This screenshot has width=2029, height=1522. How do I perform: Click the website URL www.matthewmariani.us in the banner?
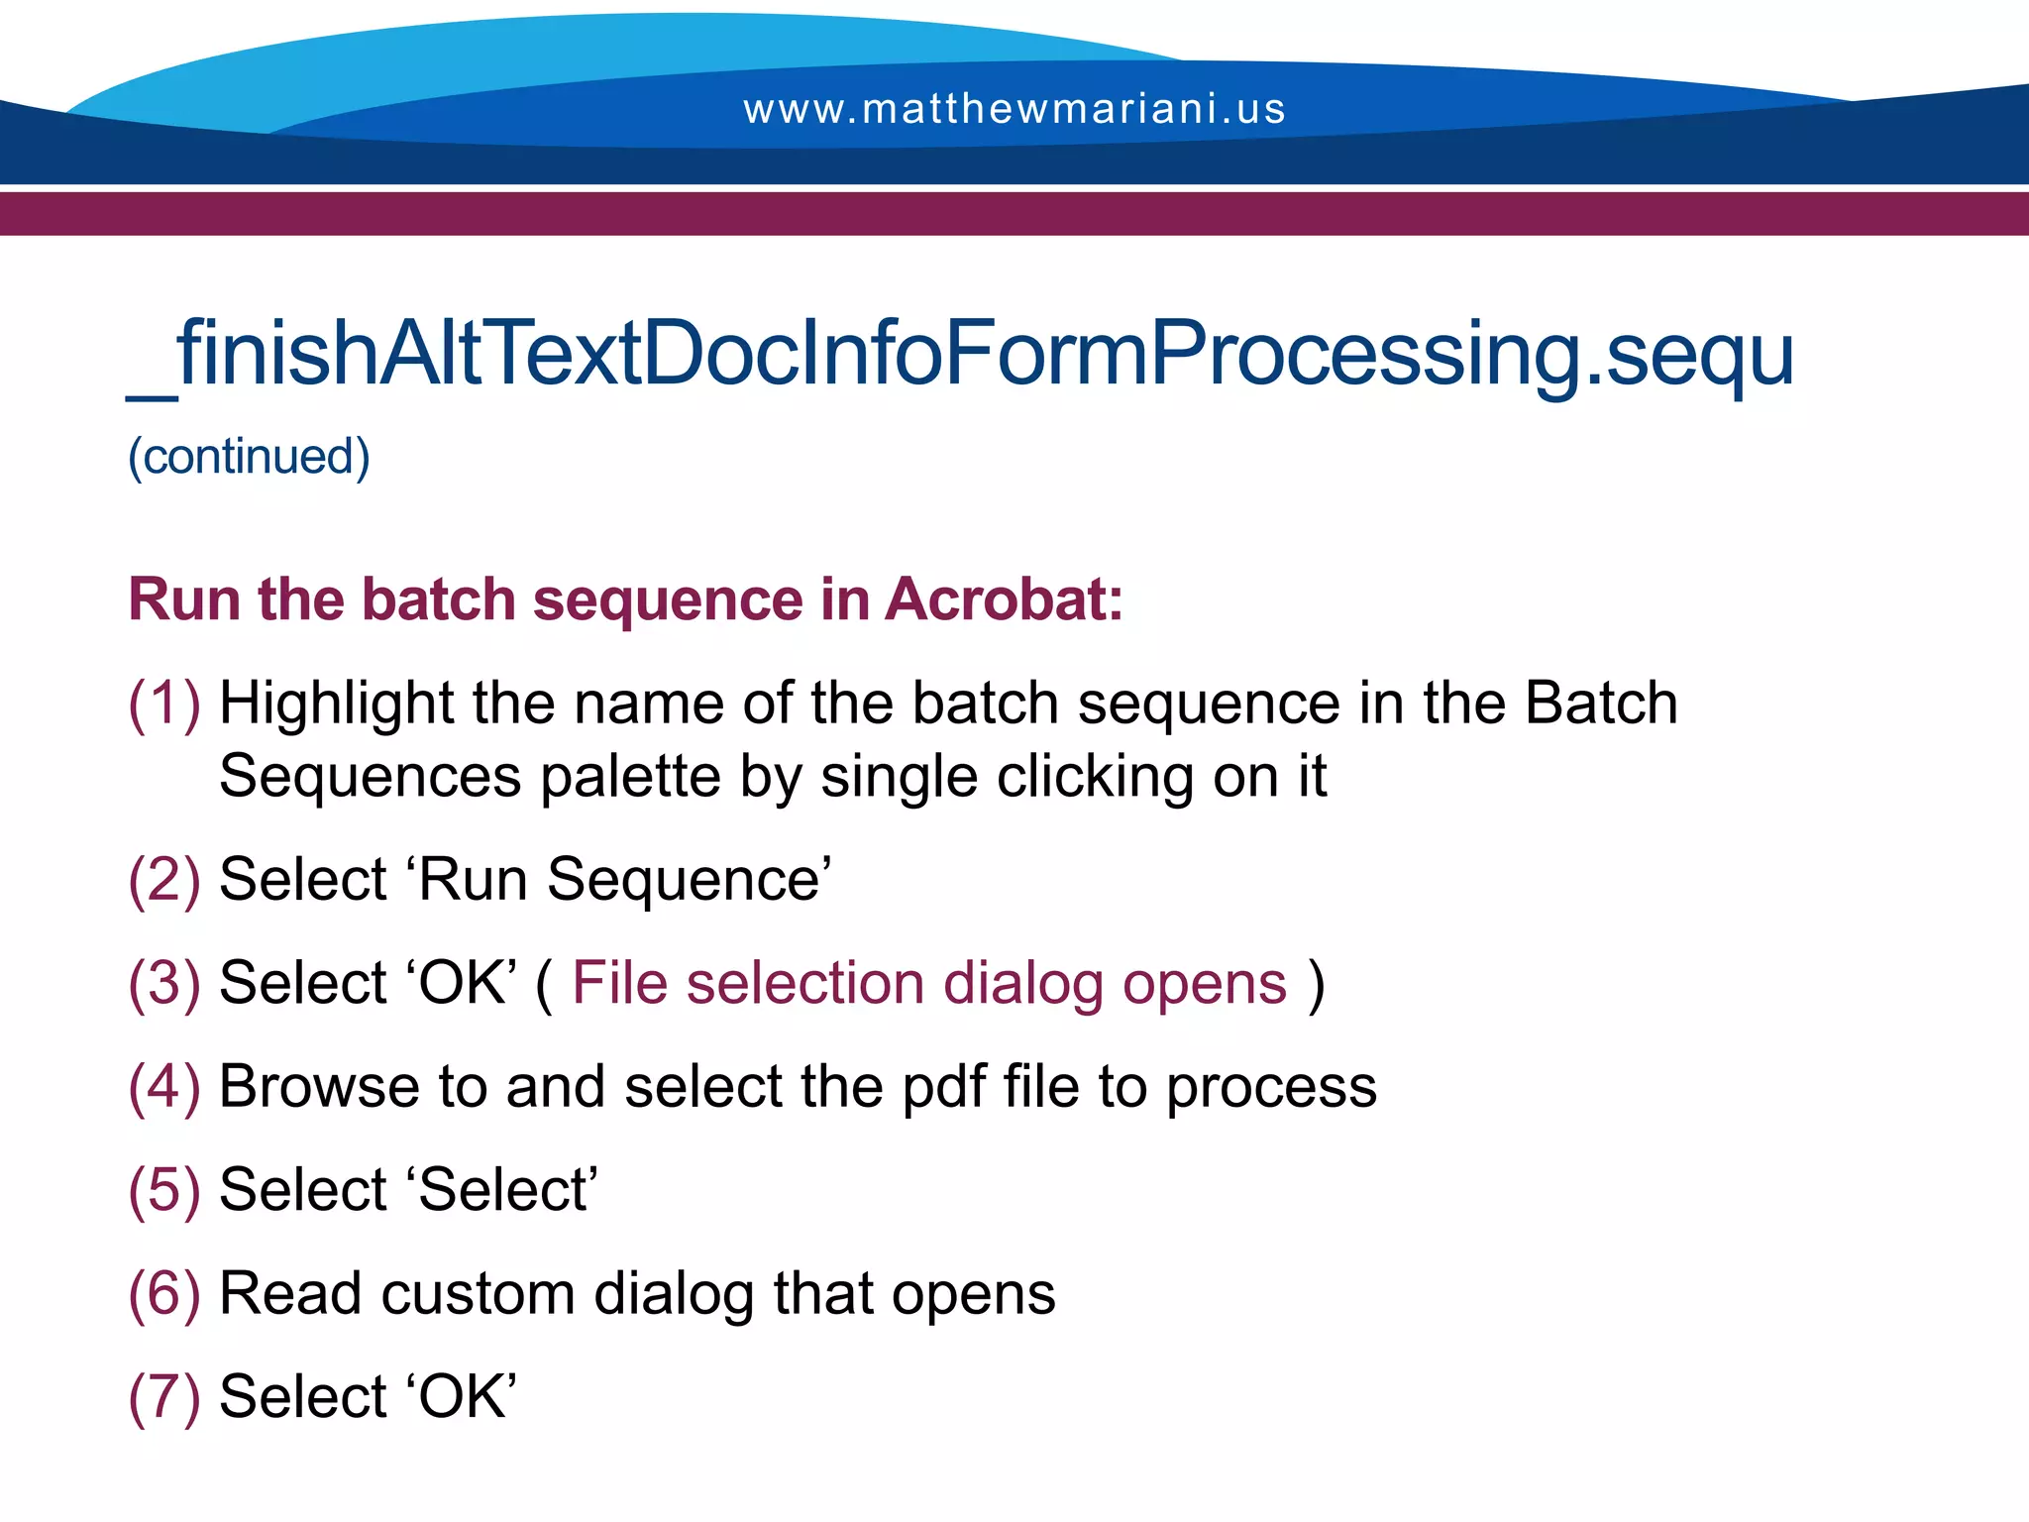[1014, 109]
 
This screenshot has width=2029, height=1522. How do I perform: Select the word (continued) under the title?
[249, 457]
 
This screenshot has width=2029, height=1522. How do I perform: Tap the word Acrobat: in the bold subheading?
[1004, 599]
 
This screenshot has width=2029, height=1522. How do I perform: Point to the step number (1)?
[164, 704]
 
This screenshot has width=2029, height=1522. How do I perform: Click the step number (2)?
[164, 880]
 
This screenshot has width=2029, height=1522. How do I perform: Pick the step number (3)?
[164, 983]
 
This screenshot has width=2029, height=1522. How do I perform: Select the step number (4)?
[164, 1086]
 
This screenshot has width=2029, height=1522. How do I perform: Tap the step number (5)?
[164, 1189]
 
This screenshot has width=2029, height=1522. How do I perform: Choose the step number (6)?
[164, 1293]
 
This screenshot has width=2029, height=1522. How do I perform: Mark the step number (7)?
[164, 1396]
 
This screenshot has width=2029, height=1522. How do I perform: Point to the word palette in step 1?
[630, 778]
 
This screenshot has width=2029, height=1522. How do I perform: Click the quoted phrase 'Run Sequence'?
[624, 880]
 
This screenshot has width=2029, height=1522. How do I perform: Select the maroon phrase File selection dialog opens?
[929, 984]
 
